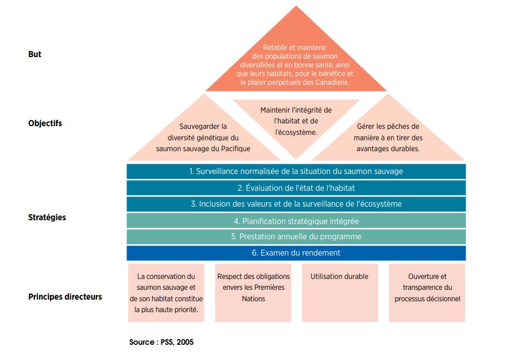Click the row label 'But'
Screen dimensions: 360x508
pos(35,54)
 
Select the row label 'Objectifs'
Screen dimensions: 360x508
pos(45,123)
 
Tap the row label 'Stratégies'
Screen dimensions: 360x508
pos(47,218)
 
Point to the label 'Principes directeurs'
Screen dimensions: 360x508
pos(65,297)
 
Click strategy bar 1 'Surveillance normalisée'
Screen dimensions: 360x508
pos(296,171)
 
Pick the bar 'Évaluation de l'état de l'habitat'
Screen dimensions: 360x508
pos(296,188)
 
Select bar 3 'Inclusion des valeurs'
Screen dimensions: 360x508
pos(296,204)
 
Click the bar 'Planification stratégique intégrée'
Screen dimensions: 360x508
pos(296,221)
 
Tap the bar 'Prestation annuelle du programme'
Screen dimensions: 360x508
pos(296,237)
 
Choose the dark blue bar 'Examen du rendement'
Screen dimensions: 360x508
pos(296,253)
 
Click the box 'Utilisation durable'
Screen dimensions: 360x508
pos(340,293)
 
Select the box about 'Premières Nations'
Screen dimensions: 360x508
pos(253,293)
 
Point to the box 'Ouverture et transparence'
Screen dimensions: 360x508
pos(427,293)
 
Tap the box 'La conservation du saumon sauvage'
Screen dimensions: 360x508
pos(166,293)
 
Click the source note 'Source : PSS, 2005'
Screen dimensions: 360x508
pos(161,343)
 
